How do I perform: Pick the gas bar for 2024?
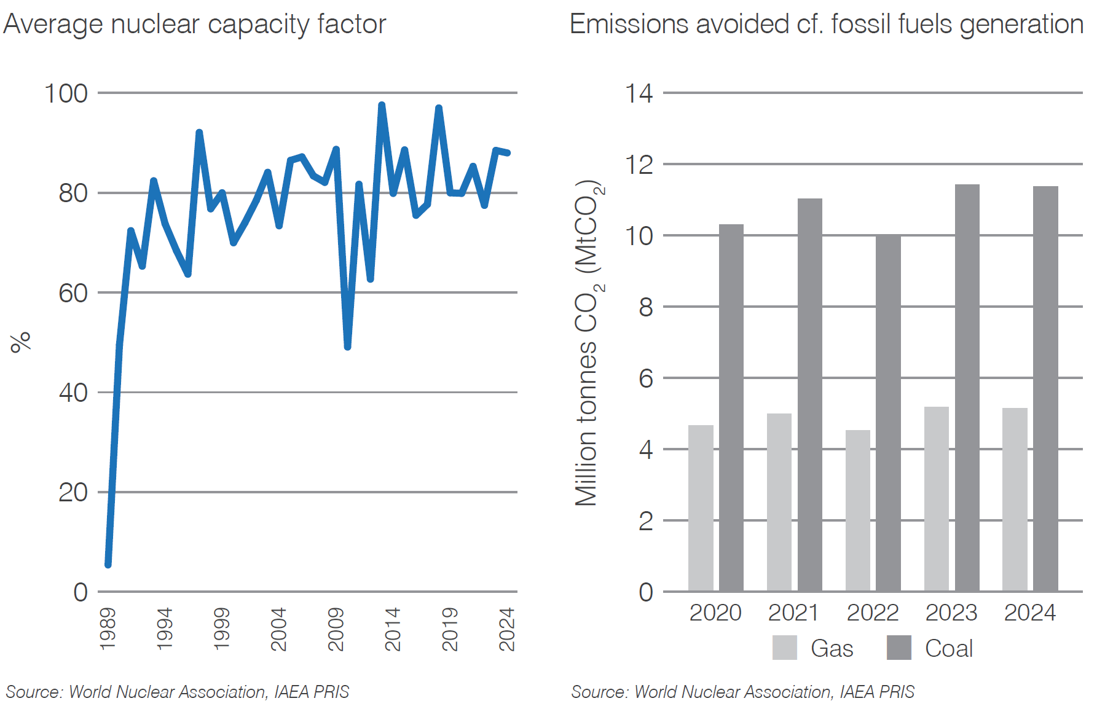point(1015,500)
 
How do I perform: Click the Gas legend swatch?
point(784,648)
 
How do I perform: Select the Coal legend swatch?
point(899,648)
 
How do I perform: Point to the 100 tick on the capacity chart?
point(66,93)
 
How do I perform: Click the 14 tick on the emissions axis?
point(639,93)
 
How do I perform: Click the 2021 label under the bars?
point(793,613)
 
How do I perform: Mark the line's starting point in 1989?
point(108,564)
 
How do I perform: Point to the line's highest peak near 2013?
point(382,106)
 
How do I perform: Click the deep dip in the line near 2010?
point(348,347)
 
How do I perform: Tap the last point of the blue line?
point(508,152)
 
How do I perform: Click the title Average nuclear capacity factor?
point(194,25)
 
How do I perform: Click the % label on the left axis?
point(20,342)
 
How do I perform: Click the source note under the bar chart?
point(742,692)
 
